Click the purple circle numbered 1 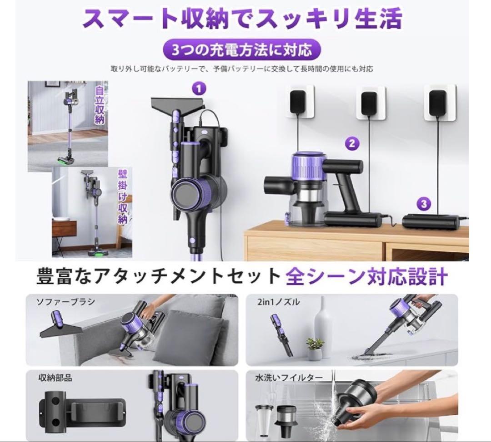tap(198, 88)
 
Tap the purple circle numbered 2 tap(351, 144)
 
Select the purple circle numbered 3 tap(424, 204)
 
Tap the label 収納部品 tap(55, 377)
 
